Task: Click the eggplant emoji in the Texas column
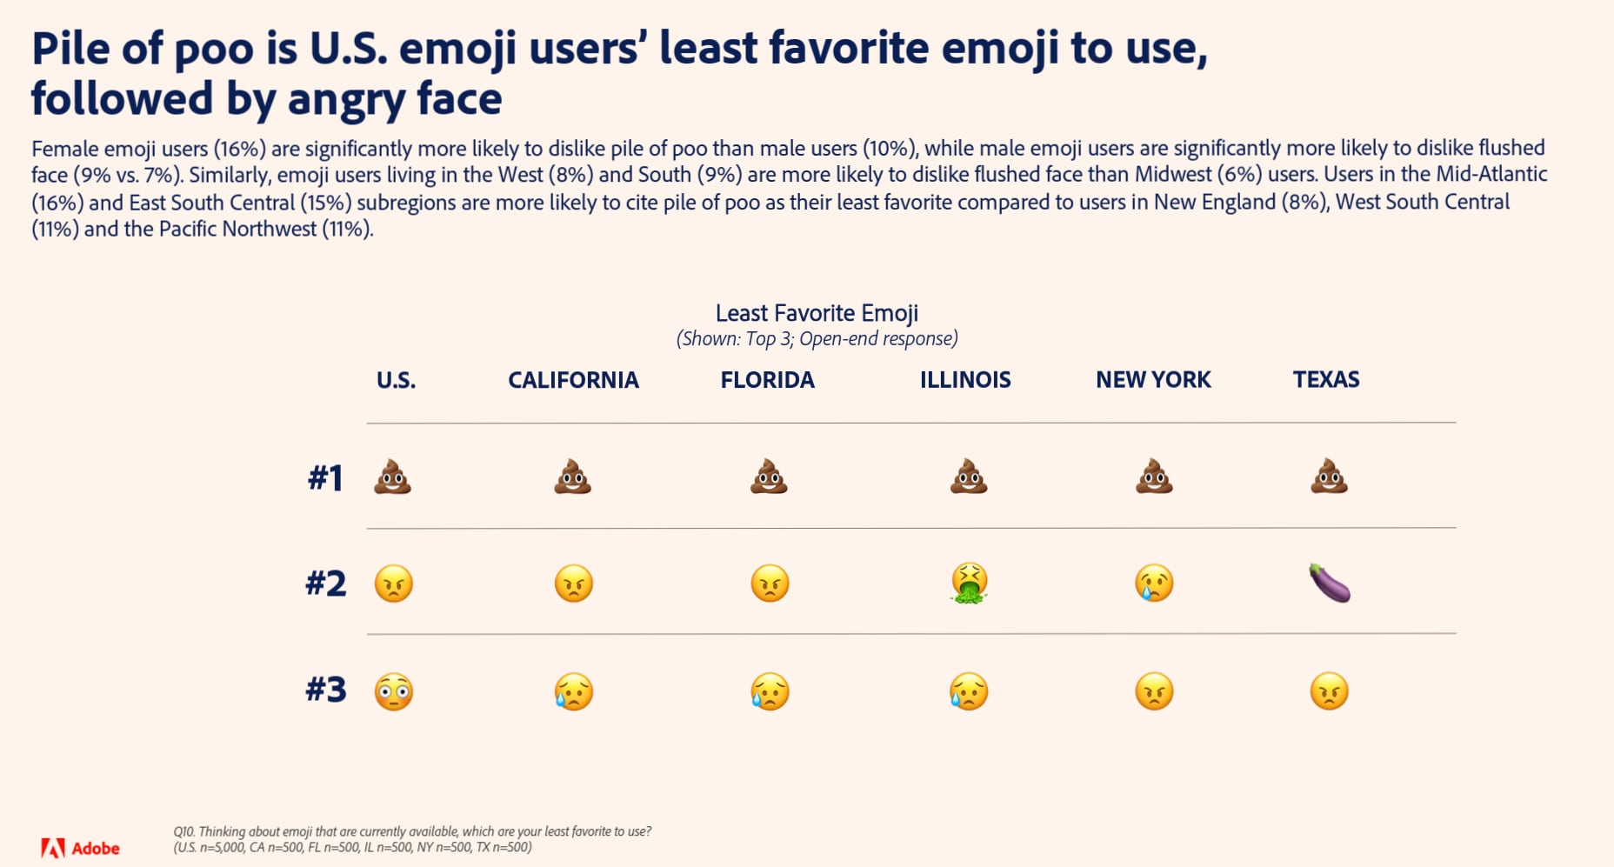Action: (x=1330, y=583)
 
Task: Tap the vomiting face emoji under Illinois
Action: (x=969, y=583)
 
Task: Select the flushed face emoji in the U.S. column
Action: (x=394, y=692)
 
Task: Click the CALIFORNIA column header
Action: (x=573, y=380)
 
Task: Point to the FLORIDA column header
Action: (x=767, y=380)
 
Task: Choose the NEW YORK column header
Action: (x=1153, y=380)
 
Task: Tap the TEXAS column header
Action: (x=1326, y=380)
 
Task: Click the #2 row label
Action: (x=326, y=584)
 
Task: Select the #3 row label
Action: (x=326, y=690)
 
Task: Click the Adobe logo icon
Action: (x=53, y=848)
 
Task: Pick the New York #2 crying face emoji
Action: (x=1154, y=583)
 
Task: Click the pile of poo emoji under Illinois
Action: (x=969, y=477)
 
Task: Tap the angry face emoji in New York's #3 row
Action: (x=1154, y=692)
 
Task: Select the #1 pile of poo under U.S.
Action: (x=392, y=477)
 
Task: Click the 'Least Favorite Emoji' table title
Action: (x=817, y=313)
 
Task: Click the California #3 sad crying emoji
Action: (x=574, y=692)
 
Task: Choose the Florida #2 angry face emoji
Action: (x=770, y=583)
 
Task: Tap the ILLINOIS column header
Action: (x=965, y=380)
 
